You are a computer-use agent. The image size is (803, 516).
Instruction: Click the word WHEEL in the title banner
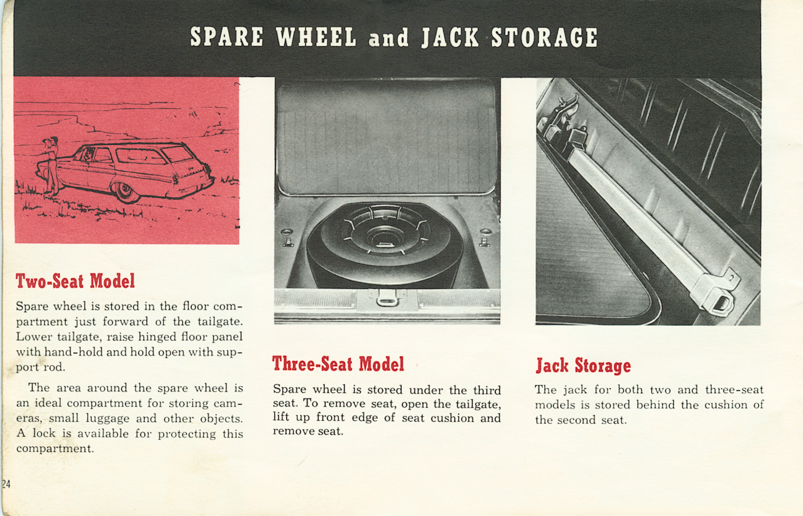[x=316, y=37]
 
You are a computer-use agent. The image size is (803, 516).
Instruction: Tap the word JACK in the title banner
[x=450, y=38]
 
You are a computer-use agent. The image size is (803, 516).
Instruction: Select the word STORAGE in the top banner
[x=544, y=38]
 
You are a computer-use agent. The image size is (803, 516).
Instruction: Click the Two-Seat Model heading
[x=75, y=281]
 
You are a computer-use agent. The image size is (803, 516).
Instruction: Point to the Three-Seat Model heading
[x=338, y=364]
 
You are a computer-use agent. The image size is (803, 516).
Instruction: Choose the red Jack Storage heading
[x=583, y=366]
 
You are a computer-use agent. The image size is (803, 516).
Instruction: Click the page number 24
[x=6, y=484]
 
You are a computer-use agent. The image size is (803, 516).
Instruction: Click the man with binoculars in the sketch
[x=52, y=165]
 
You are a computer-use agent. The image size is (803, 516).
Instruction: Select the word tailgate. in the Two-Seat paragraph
[x=220, y=322]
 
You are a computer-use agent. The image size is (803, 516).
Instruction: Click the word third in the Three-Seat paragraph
[x=487, y=390]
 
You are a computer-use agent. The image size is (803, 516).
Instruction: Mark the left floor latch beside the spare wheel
[x=288, y=238]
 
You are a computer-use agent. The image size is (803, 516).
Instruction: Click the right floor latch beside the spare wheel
[x=484, y=238]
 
